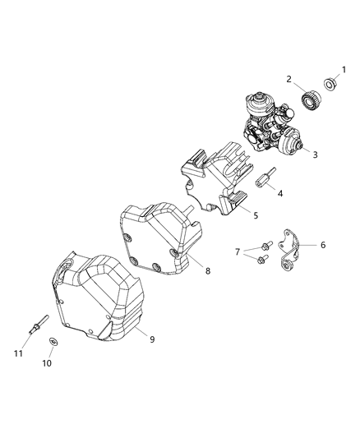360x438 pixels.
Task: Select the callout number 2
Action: pyautogui.click(x=289, y=79)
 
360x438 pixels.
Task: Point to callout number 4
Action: pyautogui.click(x=280, y=194)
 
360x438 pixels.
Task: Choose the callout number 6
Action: pyautogui.click(x=322, y=245)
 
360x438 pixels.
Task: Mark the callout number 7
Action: pyautogui.click(x=238, y=251)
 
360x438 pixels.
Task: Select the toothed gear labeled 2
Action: pyautogui.click(x=311, y=101)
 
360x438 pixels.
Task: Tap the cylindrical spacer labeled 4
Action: pyautogui.click(x=268, y=180)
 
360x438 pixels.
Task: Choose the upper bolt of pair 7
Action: pyautogui.click(x=265, y=246)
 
